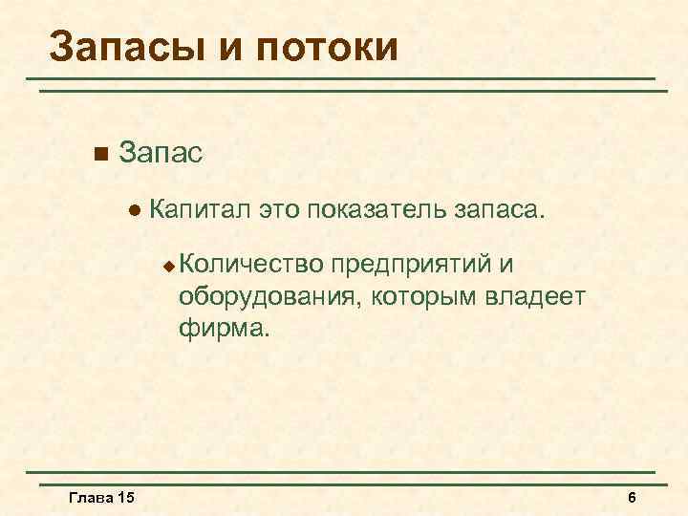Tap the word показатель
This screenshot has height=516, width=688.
click(x=376, y=207)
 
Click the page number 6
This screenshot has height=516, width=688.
click(x=632, y=498)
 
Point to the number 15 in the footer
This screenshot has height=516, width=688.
click(x=125, y=498)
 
